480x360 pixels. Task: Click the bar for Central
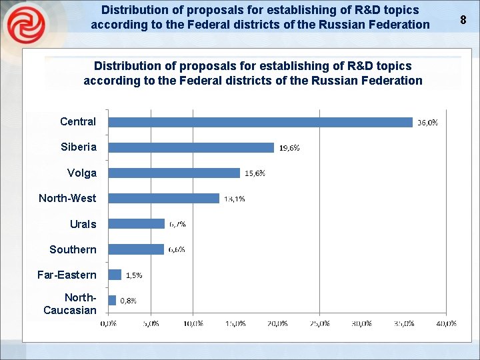tap(260, 122)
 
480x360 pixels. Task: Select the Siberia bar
tap(191, 147)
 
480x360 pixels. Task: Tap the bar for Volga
tap(174, 173)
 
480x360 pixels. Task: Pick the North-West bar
tap(163, 198)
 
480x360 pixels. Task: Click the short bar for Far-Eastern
tap(115, 275)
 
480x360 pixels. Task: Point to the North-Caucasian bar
tap(112, 300)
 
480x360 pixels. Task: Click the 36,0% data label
tap(427, 123)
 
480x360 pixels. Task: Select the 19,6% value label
tap(289, 148)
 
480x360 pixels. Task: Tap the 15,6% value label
tap(255, 173)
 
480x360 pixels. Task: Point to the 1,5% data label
tap(134, 275)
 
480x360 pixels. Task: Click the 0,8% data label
tap(128, 301)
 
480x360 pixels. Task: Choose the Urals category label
tap(83, 224)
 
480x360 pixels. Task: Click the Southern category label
tap(73, 249)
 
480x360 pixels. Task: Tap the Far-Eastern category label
tap(67, 275)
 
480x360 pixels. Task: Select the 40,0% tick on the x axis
tap(446, 323)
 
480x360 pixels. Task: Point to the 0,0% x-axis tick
tap(109, 323)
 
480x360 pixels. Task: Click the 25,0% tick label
tap(319, 323)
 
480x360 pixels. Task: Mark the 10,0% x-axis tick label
tap(193, 323)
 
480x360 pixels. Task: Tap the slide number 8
tap(463, 19)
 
